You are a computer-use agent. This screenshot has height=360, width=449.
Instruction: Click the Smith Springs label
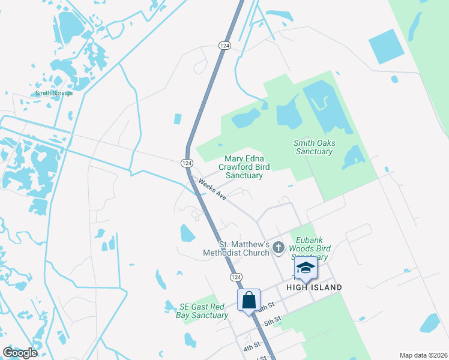pyautogui.click(x=53, y=93)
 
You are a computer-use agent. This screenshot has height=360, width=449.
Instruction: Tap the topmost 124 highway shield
pyautogui.click(x=224, y=46)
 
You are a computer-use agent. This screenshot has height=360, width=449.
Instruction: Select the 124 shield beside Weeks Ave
pyautogui.click(x=187, y=163)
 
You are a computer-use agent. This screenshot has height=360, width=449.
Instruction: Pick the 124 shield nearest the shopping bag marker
pyautogui.click(x=235, y=277)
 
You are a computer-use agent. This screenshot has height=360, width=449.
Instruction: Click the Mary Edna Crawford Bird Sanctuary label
pyautogui.click(x=244, y=167)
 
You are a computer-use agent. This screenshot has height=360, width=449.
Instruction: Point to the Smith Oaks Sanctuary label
pyautogui.click(x=314, y=147)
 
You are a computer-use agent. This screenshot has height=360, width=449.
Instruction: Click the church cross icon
pyautogui.click(x=278, y=247)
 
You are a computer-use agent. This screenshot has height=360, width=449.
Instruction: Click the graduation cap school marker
pyautogui.click(x=306, y=268)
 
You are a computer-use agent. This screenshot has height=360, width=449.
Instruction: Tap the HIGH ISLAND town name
pyautogui.click(x=315, y=287)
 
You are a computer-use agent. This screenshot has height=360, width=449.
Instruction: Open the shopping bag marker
pyautogui.click(x=249, y=299)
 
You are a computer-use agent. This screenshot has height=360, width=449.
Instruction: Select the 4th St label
pyautogui.click(x=251, y=347)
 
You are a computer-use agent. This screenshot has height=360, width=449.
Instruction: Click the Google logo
pyautogui.click(x=20, y=353)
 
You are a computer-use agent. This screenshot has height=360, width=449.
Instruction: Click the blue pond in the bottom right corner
pyautogui.click(x=430, y=323)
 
